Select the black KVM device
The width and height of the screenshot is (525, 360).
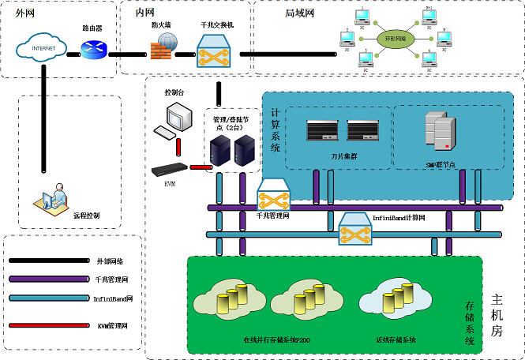(x=171, y=168)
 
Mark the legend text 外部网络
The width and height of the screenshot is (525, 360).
(x=110, y=261)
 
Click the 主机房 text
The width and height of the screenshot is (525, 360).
(x=497, y=315)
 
